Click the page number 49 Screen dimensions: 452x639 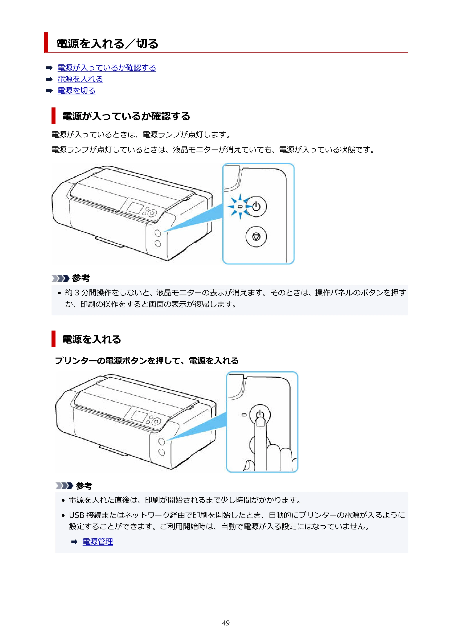pyautogui.click(x=226, y=623)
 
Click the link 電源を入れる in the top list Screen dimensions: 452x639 pyautogui.click(x=80, y=79)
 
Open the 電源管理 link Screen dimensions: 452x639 pyautogui.click(x=98, y=542)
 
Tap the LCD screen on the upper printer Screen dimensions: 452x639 pyautogui.click(x=135, y=208)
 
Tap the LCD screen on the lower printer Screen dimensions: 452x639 pyautogui.click(x=139, y=416)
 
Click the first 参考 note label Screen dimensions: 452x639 pyautogui.click(x=81, y=278)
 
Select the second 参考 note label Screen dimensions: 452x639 pyautogui.click(x=84, y=486)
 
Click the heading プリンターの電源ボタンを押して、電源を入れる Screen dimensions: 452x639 pyautogui.click(x=147, y=361)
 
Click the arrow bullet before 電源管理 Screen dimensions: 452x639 pyautogui.click(x=74, y=542)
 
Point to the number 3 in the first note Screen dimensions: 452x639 pyautogui.click(x=77, y=293)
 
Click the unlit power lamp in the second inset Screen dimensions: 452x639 pyautogui.click(x=244, y=415)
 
